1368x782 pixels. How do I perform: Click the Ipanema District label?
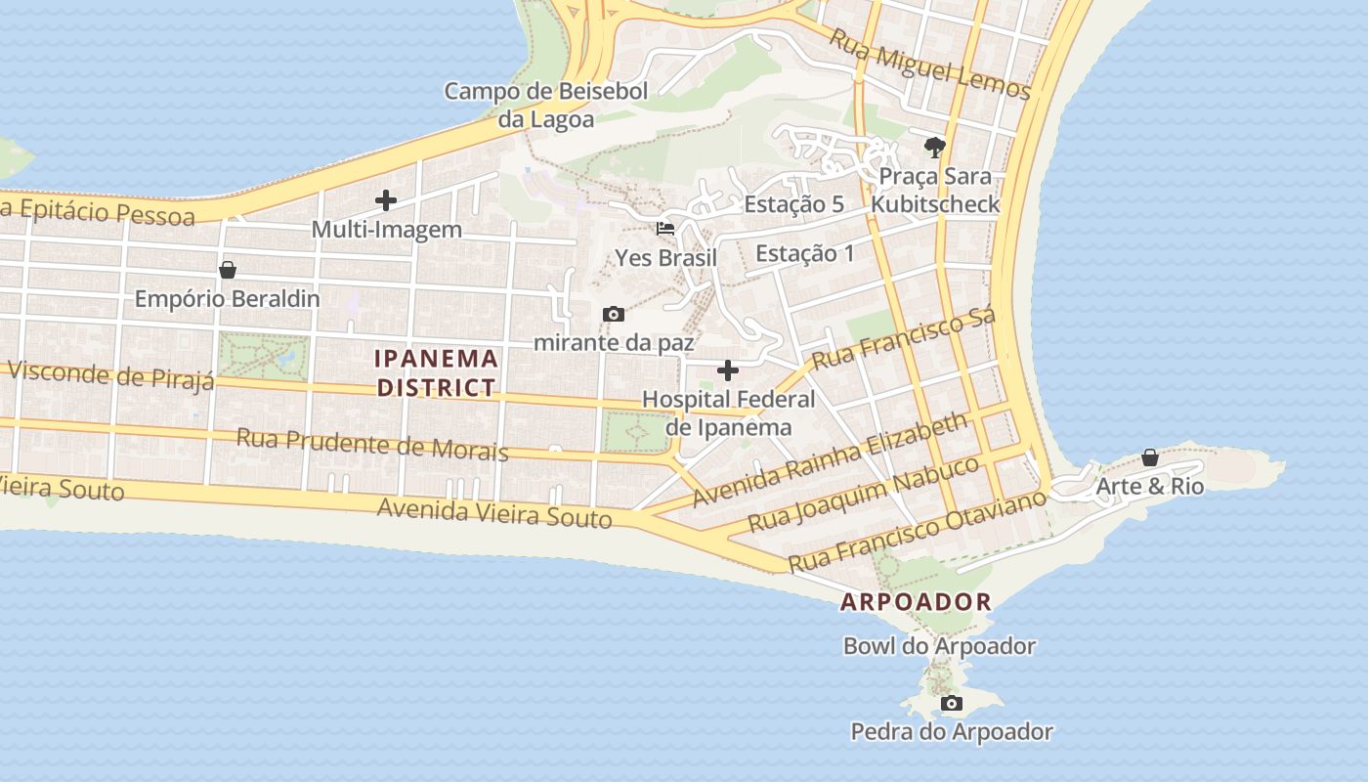click(x=437, y=372)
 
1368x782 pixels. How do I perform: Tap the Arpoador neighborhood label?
click(x=916, y=602)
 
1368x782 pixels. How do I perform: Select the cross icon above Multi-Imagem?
click(x=386, y=200)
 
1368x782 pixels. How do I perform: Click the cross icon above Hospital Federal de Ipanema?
click(x=728, y=370)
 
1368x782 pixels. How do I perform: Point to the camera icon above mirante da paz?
click(x=614, y=314)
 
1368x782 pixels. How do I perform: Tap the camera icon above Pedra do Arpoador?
click(x=951, y=703)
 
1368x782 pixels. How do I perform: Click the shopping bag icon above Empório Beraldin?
click(x=228, y=270)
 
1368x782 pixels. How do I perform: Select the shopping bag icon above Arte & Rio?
click(x=1150, y=457)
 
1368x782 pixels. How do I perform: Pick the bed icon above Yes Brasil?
click(x=665, y=229)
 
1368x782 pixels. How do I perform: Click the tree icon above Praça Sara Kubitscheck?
click(x=935, y=148)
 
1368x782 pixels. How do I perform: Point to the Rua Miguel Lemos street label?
click(x=929, y=64)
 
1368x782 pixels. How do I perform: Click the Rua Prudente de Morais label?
click(x=372, y=444)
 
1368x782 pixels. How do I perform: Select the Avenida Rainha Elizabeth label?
click(x=830, y=459)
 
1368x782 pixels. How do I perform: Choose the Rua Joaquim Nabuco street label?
click(x=863, y=494)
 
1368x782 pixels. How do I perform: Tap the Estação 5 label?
click(x=793, y=204)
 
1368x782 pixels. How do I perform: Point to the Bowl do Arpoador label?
click(x=939, y=646)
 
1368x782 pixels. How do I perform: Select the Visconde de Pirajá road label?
click(x=110, y=375)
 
